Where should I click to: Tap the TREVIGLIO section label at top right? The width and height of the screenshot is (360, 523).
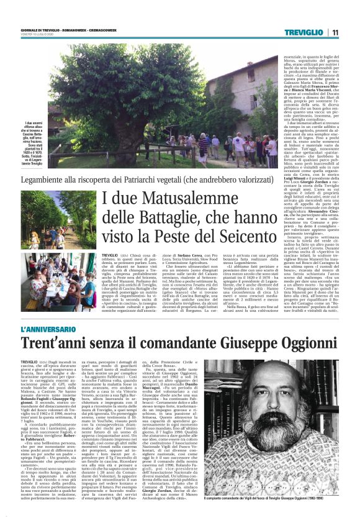coord(308,33)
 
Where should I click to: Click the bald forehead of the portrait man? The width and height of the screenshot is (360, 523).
coord(297,386)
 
